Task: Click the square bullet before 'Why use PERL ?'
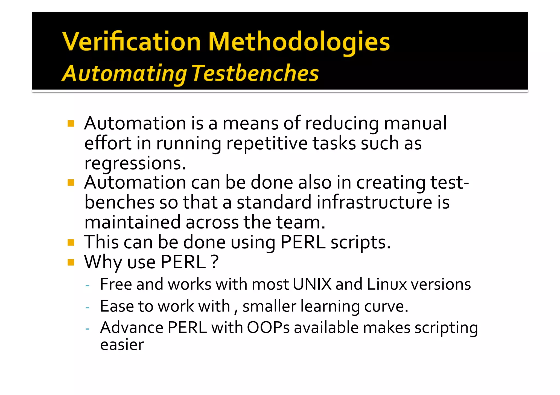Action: click(71, 262)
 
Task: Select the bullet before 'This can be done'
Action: click(71, 242)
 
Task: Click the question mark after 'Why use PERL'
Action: click(215, 262)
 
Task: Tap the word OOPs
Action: click(268, 328)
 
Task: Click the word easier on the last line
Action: click(122, 345)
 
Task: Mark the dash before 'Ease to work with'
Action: click(87, 308)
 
